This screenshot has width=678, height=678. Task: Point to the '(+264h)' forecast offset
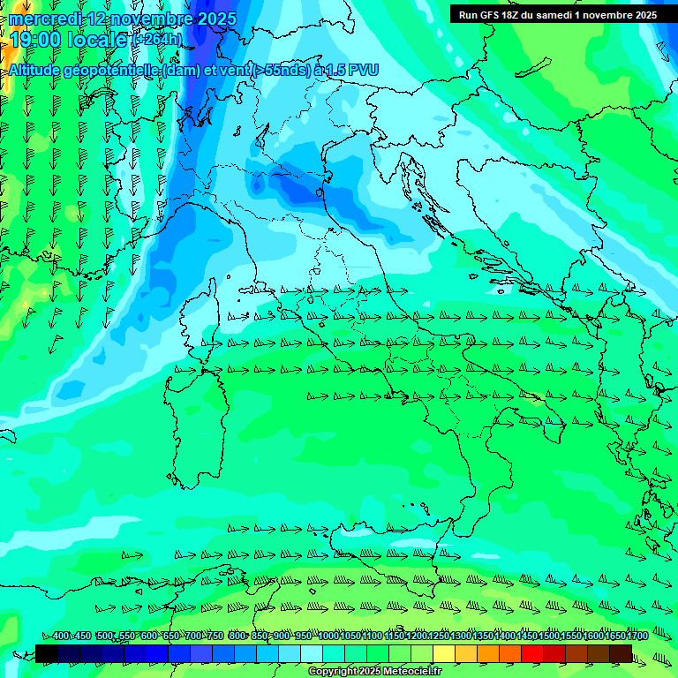click(156, 39)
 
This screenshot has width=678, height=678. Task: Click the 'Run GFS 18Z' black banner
click(557, 14)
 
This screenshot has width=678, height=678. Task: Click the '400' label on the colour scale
click(61, 637)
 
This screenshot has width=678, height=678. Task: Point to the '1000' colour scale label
click(328, 637)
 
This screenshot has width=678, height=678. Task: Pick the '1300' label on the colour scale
click(461, 637)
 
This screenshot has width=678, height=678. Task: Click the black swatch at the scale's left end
click(47, 653)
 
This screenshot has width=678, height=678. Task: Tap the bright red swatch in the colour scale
click(532, 653)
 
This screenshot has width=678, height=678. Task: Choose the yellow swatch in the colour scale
click(444, 653)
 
